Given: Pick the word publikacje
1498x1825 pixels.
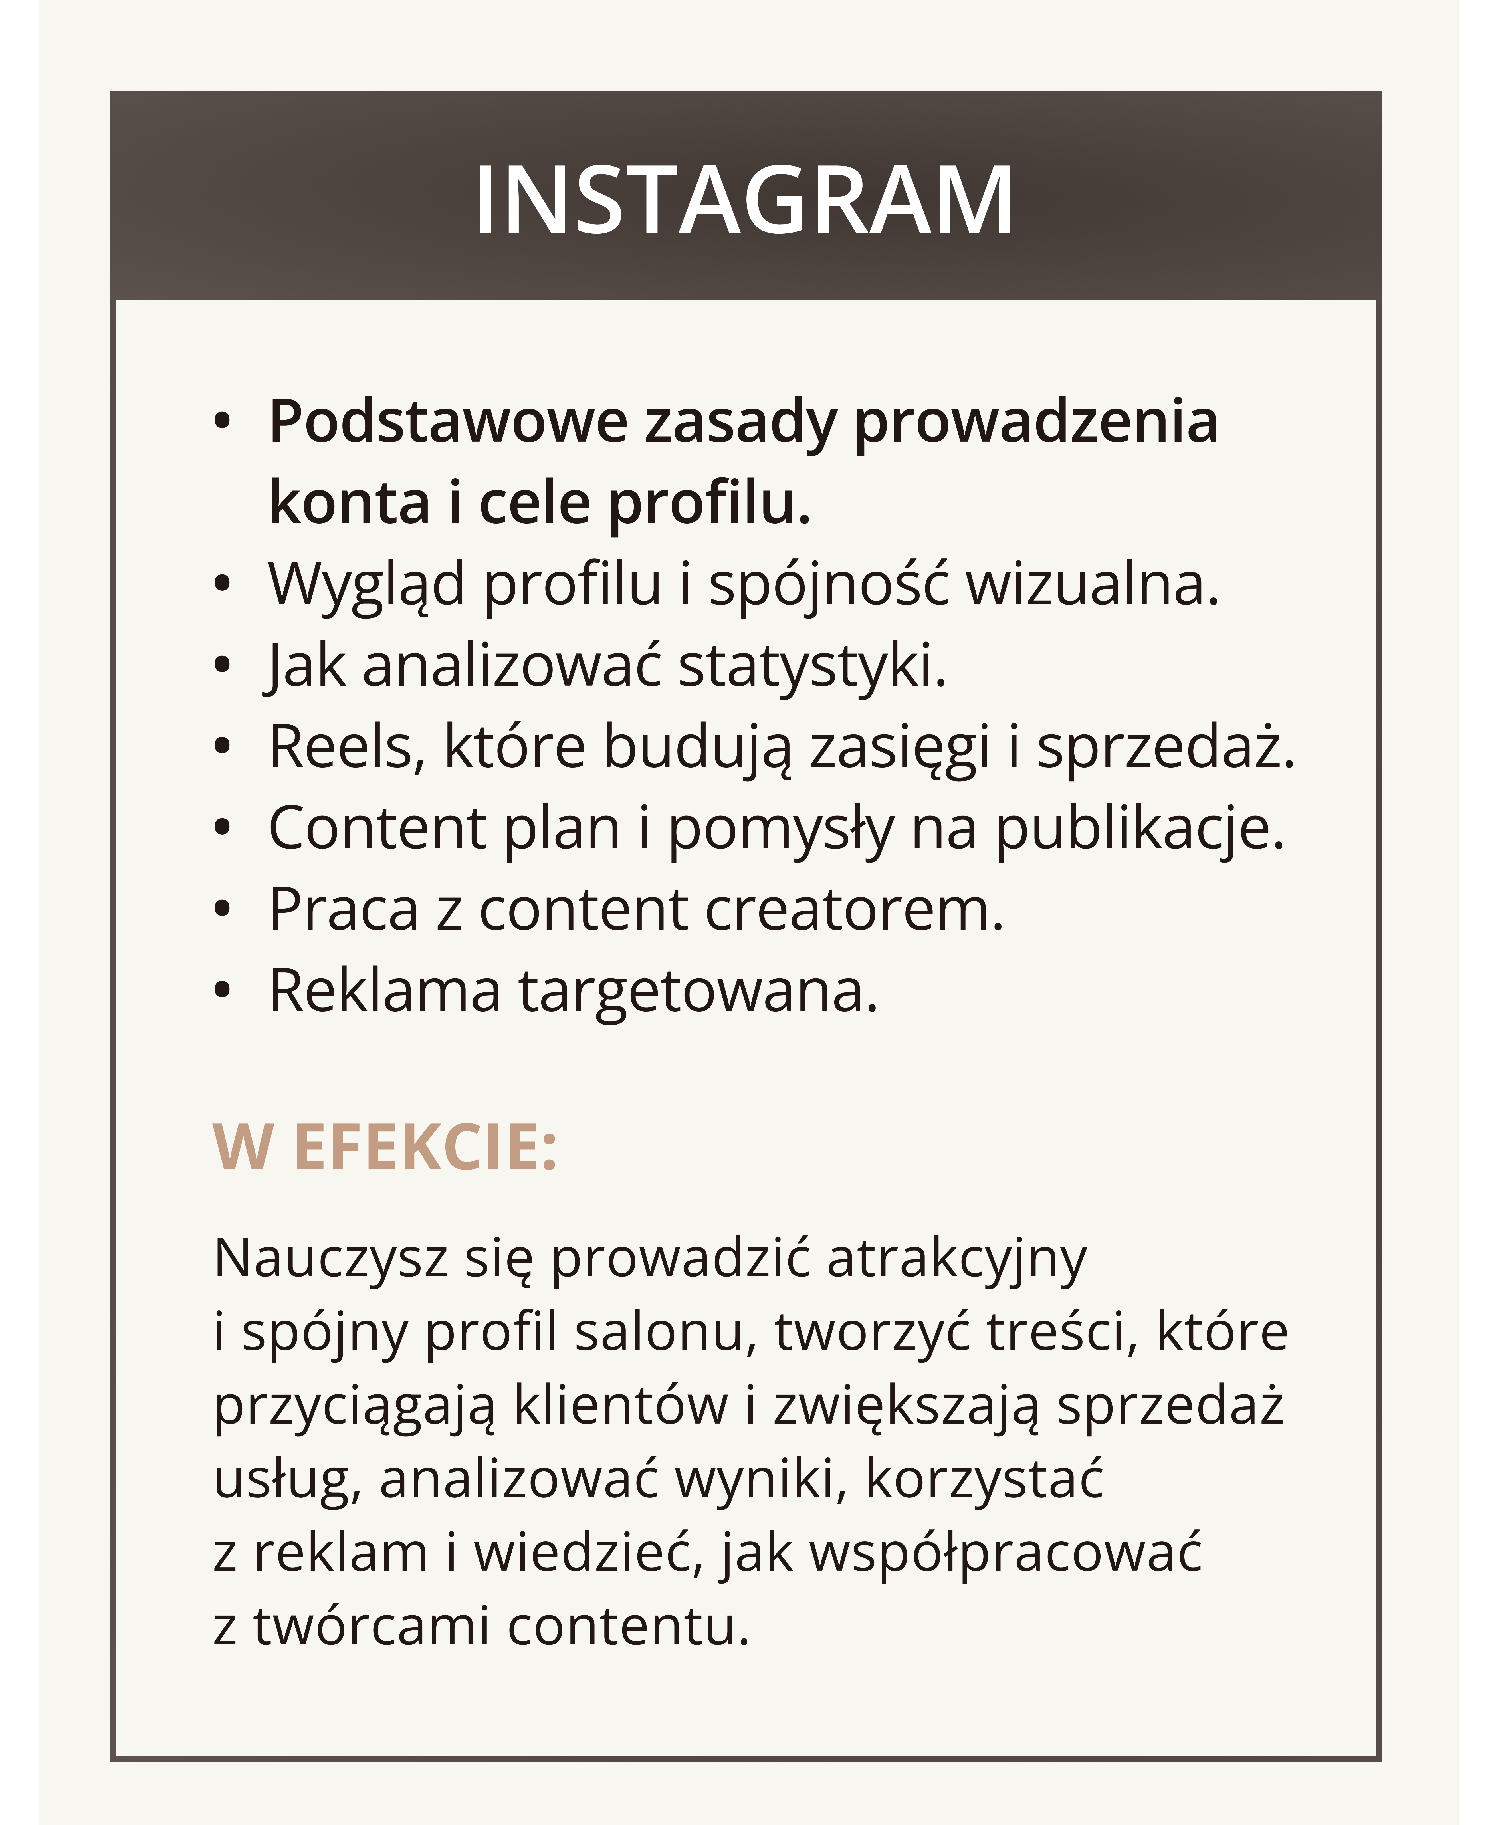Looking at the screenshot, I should click(1140, 828).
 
